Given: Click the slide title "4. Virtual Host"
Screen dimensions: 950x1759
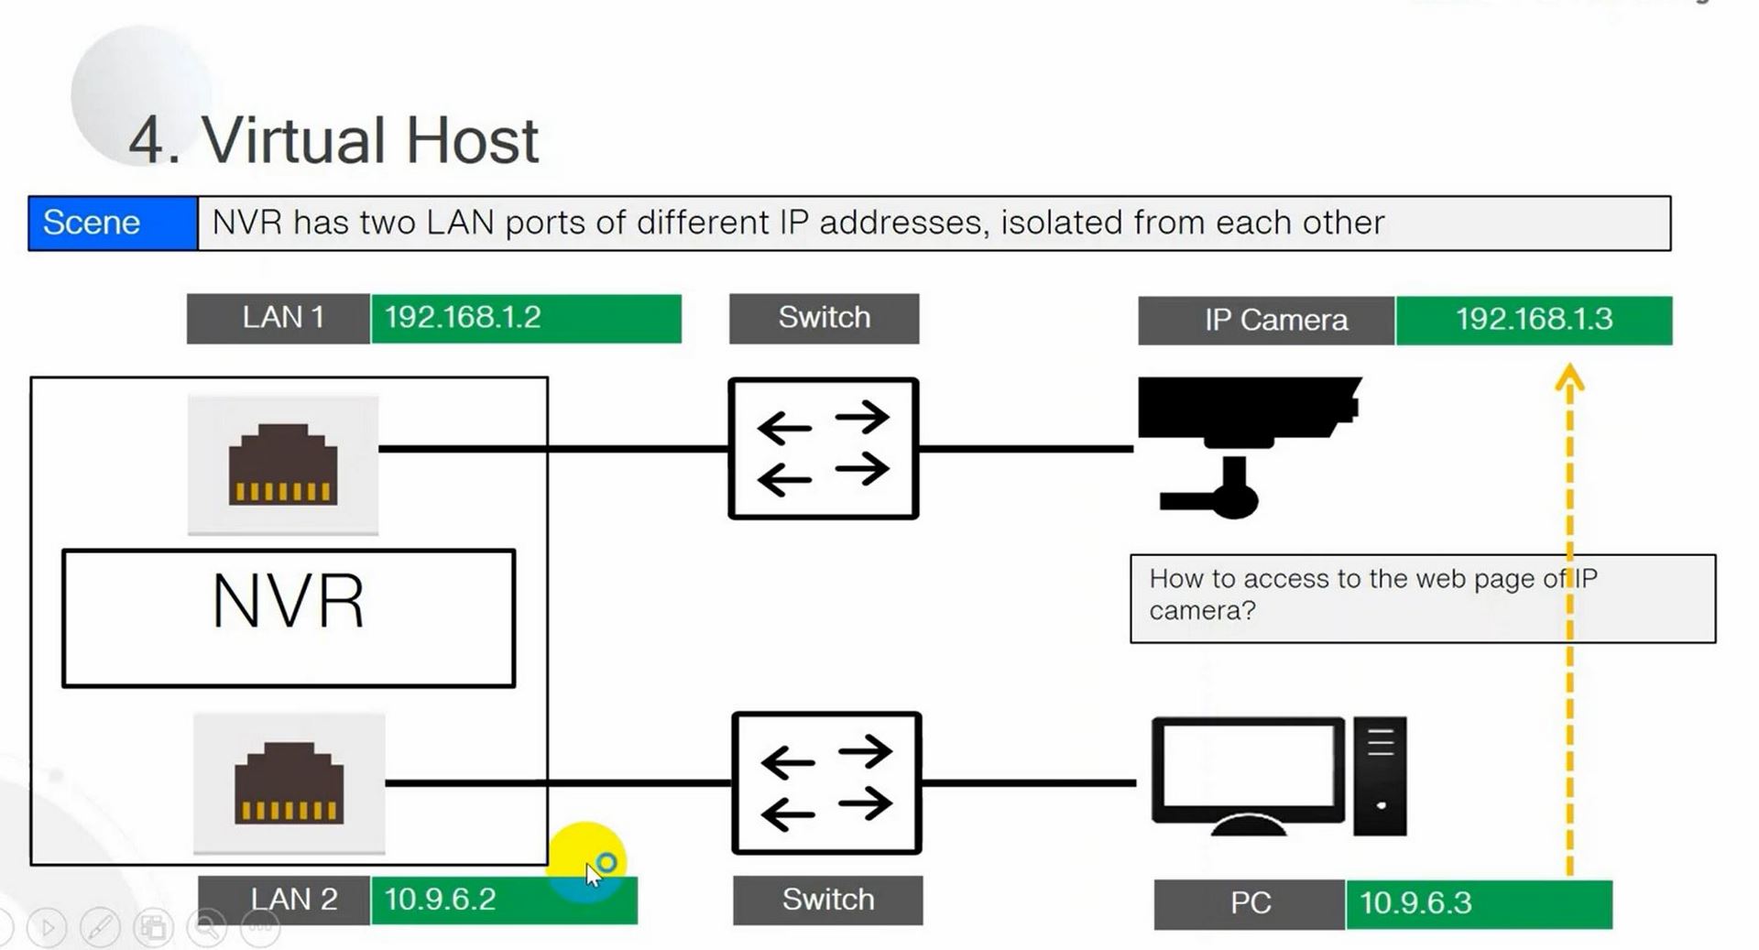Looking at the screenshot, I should point(333,141).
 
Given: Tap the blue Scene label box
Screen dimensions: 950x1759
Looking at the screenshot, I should point(113,223).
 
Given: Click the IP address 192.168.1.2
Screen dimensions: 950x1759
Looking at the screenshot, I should point(463,318).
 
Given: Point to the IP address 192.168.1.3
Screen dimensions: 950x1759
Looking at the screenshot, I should point(1534,320).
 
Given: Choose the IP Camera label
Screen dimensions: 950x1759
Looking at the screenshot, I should point(1274,321).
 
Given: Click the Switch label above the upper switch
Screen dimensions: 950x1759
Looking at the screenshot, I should point(824,318).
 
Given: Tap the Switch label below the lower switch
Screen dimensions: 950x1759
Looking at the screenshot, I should point(827,900).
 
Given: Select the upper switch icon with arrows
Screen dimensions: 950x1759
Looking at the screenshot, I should point(823,449).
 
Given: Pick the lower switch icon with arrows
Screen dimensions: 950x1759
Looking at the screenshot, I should point(826,783).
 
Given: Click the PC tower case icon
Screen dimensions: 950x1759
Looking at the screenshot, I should point(1380,776).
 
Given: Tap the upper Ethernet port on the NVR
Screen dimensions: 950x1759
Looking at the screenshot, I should point(283,464).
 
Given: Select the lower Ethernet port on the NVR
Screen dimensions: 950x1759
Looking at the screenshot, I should point(289,783).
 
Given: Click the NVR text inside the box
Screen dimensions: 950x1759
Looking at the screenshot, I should point(289,602).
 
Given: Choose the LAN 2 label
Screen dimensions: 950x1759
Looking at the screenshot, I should point(293,900).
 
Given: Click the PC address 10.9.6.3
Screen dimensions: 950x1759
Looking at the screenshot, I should point(1415,903).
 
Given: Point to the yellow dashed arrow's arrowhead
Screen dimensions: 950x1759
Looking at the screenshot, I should point(1569,378).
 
